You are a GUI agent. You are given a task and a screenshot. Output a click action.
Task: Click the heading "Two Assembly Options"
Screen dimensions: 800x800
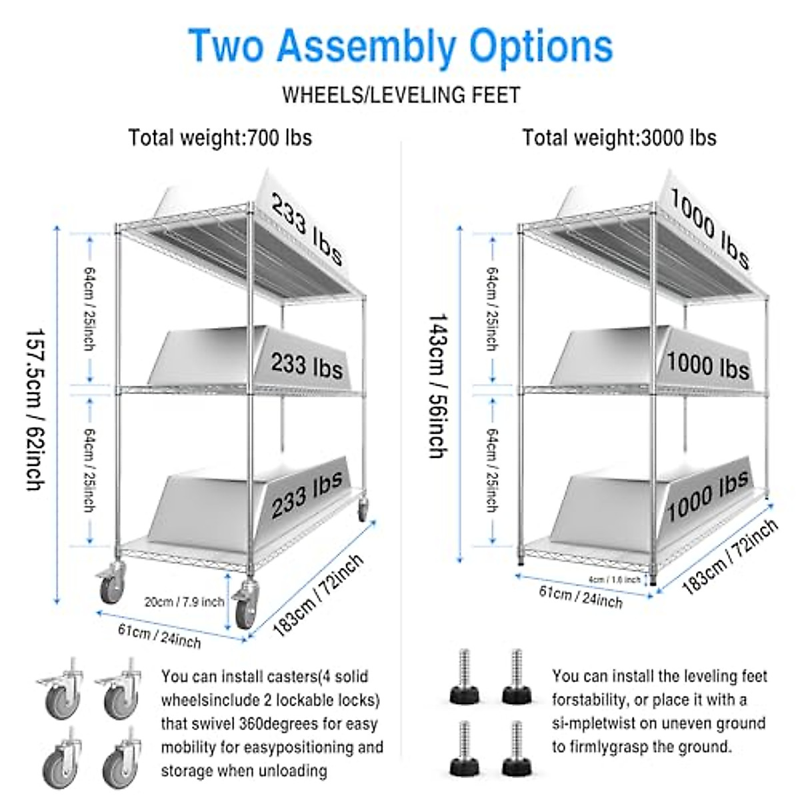[x=401, y=46]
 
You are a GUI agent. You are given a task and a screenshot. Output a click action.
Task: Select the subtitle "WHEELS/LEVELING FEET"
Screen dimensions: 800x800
[x=401, y=95]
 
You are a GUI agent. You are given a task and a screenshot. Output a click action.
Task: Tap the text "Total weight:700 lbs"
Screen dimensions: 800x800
[x=220, y=137]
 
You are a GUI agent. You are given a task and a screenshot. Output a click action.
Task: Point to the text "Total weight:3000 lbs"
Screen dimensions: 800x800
[x=619, y=137]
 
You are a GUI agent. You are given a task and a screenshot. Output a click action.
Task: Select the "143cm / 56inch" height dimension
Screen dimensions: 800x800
[x=437, y=386]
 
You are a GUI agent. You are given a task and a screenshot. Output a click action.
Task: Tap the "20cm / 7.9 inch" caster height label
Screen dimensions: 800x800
[x=184, y=602]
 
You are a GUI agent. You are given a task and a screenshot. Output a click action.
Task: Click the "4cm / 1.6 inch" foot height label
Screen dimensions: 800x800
[x=614, y=579]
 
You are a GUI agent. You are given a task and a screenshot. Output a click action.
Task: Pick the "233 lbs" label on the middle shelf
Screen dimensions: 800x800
[x=307, y=365]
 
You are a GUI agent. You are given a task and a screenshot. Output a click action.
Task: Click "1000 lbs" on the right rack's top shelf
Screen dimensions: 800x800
[x=709, y=227]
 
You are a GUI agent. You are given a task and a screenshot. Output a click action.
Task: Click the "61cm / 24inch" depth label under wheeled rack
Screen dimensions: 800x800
[x=159, y=635]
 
